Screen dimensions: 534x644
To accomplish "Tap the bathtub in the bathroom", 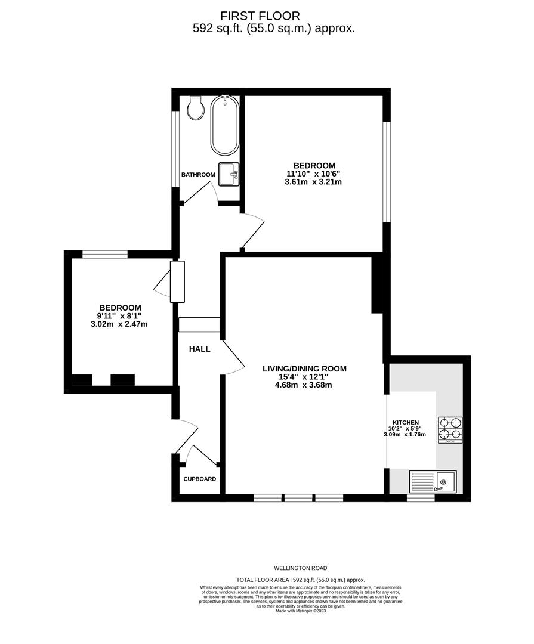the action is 224,125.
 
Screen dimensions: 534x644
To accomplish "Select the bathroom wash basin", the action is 229,174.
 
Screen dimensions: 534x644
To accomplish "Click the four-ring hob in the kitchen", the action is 450,430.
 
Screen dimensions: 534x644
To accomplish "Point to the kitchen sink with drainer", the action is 433,482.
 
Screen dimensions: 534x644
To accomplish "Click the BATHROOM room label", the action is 198,175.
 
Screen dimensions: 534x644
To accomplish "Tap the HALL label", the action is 200,349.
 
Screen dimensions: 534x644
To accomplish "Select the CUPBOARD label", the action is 200,479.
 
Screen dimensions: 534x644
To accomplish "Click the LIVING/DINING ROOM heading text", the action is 305,369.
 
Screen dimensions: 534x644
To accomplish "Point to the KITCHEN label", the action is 406,422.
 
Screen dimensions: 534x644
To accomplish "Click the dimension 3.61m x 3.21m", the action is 313,181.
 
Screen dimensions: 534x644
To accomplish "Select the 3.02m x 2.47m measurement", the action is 119,324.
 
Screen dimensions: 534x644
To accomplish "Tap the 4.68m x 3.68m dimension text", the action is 304,385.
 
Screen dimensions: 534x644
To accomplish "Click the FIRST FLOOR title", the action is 260,16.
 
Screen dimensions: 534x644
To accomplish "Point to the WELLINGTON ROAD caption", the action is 301,568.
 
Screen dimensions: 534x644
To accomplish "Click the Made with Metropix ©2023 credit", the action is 301,611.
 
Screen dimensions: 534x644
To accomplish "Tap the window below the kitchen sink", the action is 421,498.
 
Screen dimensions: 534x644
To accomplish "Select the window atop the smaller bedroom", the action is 105,254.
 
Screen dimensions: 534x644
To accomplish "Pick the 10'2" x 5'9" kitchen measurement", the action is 405,428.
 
